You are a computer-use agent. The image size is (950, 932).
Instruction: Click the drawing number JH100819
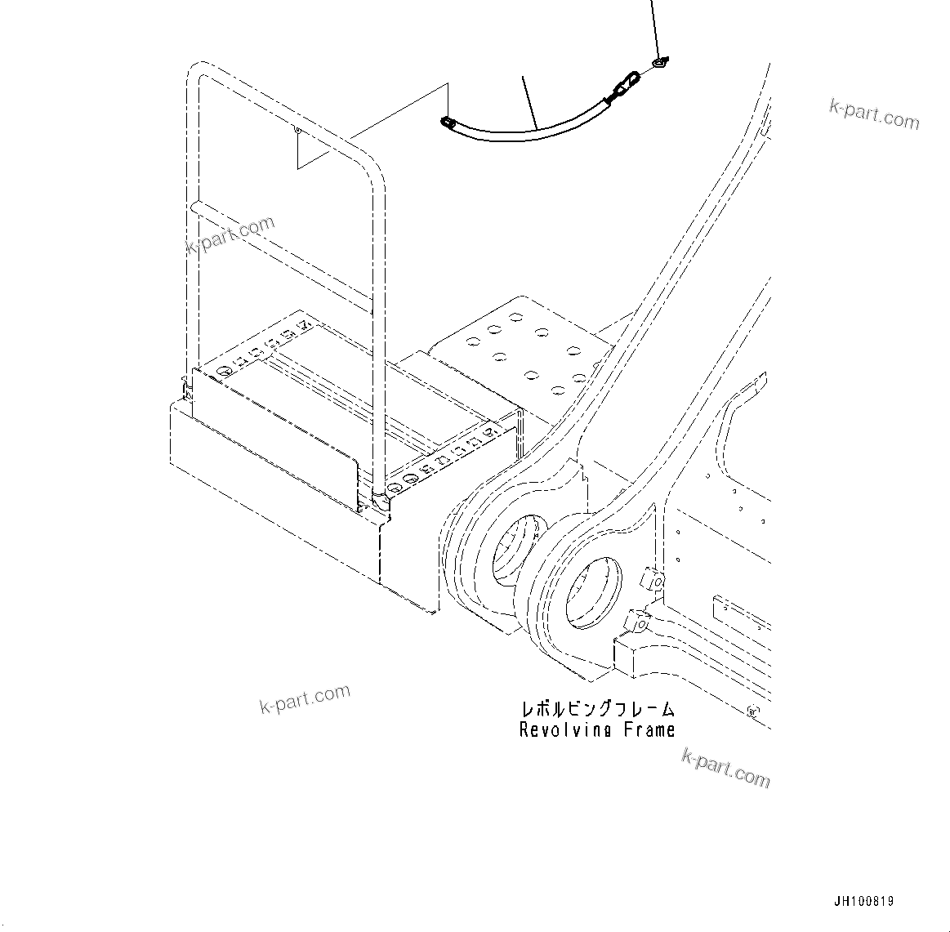click(863, 902)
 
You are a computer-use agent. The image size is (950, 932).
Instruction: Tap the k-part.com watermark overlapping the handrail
click(230, 235)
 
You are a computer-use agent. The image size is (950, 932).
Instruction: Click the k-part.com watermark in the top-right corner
click(874, 115)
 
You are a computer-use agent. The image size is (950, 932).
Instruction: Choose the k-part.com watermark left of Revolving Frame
click(305, 700)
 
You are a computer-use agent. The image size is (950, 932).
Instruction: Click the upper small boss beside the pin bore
click(653, 579)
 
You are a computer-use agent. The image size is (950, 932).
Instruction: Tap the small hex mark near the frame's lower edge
click(752, 711)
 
